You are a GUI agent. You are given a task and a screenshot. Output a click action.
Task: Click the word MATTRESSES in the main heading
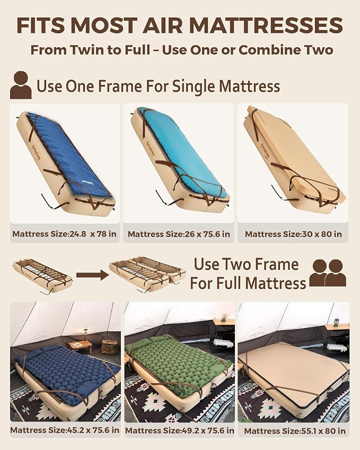pyautogui.click(x=266, y=25)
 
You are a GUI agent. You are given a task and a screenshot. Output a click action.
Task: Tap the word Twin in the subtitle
pyautogui.click(x=87, y=50)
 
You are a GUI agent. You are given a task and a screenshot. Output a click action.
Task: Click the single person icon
pyautogui.click(x=21, y=85)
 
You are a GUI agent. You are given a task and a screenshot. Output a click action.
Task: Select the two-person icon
pyautogui.click(x=328, y=273)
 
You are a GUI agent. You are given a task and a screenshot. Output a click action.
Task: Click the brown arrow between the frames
pyautogui.click(x=92, y=275)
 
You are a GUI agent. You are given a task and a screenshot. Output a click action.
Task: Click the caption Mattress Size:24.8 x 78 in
pyautogui.click(x=64, y=234)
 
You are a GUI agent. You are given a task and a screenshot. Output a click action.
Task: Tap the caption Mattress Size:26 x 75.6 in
pyautogui.click(x=179, y=234)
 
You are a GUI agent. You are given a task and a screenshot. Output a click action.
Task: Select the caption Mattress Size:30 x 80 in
pyautogui.click(x=293, y=234)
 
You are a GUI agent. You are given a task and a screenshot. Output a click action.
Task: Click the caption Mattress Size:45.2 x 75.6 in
pyautogui.click(x=65, y=430)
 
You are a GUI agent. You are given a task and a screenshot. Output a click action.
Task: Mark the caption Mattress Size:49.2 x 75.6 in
pyautogui.click(x=179, y=430)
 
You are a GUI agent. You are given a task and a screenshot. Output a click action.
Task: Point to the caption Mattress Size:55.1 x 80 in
pyautogui.click(x=295, y=431)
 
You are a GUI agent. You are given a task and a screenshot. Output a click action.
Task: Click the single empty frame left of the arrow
pyautogui.click(x=42, y=275)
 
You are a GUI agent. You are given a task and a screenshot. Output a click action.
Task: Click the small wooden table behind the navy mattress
pyautogui.click(x=80, y=345)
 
